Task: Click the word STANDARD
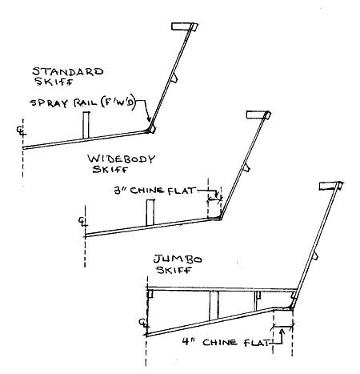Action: tap(68, 71)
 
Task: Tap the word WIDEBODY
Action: tap(122, 159)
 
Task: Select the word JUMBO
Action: tap(178, 259)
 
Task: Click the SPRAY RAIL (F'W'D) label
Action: tap(83, 103)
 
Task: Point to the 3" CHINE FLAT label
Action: tap(154, 191)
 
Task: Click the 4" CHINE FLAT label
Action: tap(226, 342)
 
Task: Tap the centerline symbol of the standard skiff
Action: tap(20, 131)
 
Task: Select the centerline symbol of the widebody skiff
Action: tap(82, 221)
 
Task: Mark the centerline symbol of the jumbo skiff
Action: tap(143, 323)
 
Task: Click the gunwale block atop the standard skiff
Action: tap(185, 26)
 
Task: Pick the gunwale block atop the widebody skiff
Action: tap(258, 115)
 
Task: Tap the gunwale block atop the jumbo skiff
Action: tap(330, 186)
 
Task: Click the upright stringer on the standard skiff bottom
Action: tap(86, 125)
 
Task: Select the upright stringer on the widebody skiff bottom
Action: tap(150, 212)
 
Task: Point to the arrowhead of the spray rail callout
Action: tap(149, 119)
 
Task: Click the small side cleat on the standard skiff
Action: tap(174, 78)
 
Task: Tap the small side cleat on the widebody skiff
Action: tap(247, 168)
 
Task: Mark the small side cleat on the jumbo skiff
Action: tap(314, 255)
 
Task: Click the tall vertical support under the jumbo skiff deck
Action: tap(214, 305)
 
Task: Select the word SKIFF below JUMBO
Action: tap(174, 270)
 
